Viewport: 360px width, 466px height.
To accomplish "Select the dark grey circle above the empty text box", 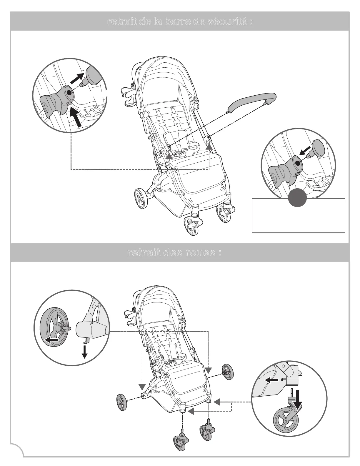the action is pos(297,198).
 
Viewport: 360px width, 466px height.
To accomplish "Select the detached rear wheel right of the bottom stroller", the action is pos(228,372).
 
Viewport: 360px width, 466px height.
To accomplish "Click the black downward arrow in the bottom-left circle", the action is pos(85,352).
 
